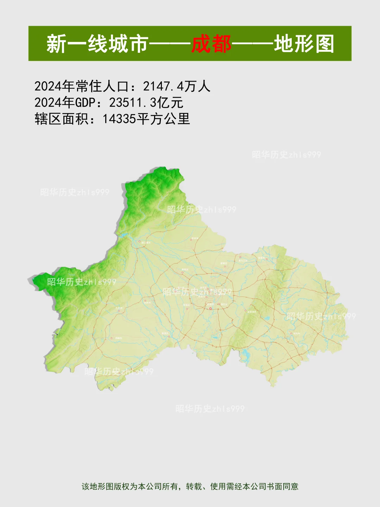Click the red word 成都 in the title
[x=211, y=44]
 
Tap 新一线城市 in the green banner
[x=97, y=44]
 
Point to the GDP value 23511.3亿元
[x=146, y=102]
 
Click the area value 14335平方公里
[x=146, y=119]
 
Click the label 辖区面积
[x=62, y=119]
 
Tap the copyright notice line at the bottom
[x=190, y=487]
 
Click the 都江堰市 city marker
[x=140, y=242]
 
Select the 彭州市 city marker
[x=191, y=240]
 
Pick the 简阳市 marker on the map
[x=291, y=333]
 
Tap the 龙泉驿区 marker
[x=246, y=311]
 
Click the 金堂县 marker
[x=267, y=259]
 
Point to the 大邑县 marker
[x=119, y=311]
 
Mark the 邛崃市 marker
[x=112, y=338]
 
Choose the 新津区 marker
[x=169, y=336]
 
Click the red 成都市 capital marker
[x=210, y=308]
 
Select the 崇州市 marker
[x=145, y=301]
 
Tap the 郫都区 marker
[x=182, y=272]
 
